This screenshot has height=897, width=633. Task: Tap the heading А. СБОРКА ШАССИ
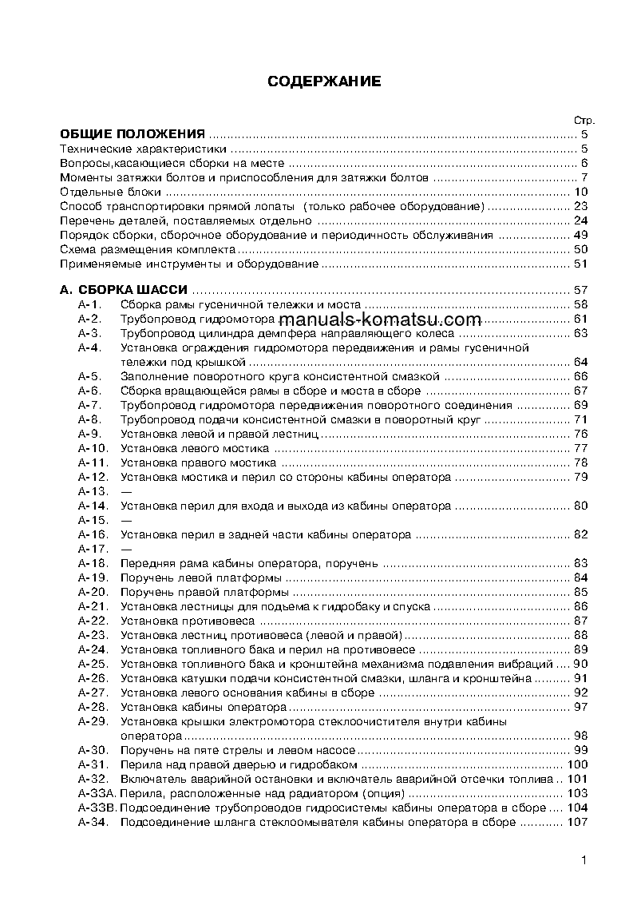(125, 290)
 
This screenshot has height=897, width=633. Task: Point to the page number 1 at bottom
(584, 860)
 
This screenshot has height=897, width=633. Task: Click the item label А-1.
(89, 304)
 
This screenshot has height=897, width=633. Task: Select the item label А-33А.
(97, 793)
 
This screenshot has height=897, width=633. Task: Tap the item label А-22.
(93, 621)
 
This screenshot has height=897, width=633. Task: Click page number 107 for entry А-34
(577, 822)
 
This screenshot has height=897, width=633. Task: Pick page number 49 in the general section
(580, 235)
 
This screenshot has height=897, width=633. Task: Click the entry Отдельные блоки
(111, 192)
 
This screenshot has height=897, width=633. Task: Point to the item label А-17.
(93, 549)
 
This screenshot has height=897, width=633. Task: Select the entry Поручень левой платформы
(200, 577)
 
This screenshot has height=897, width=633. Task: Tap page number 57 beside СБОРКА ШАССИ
(580, 290)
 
